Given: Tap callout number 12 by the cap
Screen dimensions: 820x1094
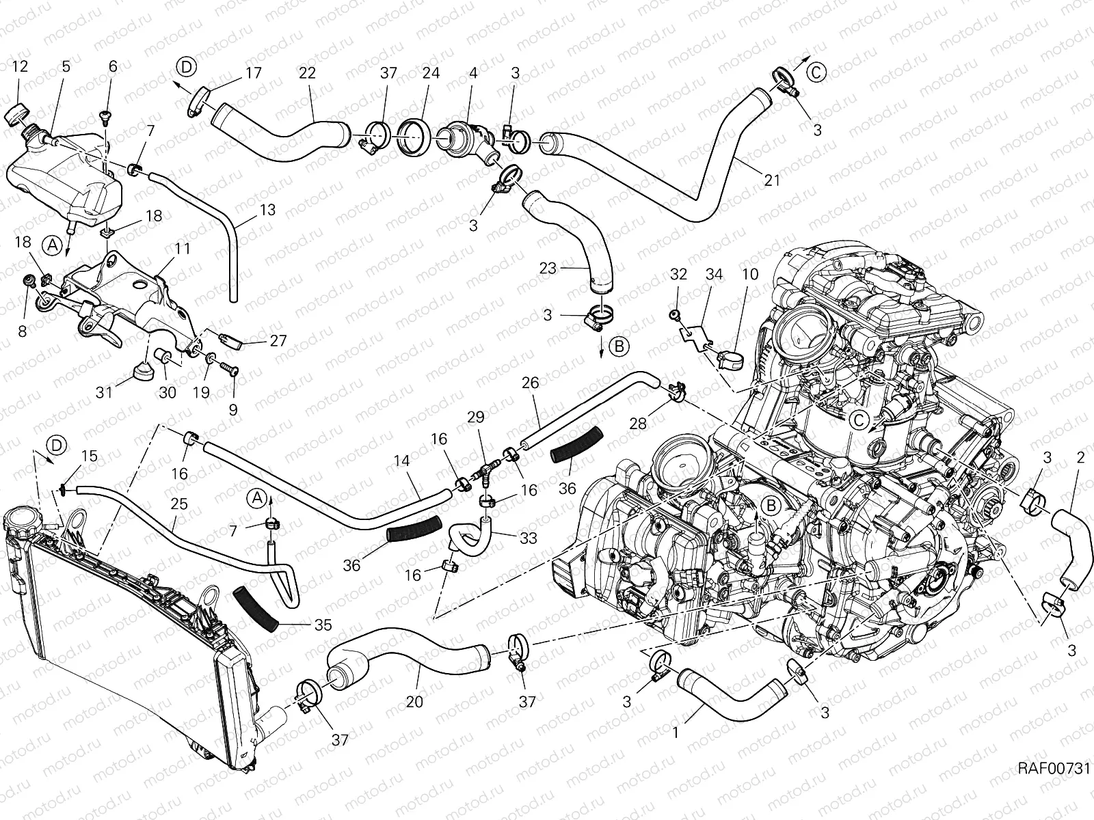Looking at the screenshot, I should coord(21,66).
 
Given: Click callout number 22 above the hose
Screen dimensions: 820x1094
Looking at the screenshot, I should coord(308,73).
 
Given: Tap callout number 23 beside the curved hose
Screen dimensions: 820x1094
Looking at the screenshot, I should coord(548,269).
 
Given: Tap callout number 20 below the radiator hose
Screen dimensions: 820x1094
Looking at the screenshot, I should coord(414,701).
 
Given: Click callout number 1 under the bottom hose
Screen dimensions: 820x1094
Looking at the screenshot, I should coord(676,733).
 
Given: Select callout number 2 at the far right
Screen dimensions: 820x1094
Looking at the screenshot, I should coord(1080,458).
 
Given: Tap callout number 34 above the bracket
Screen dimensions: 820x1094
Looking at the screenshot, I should coord(713,275).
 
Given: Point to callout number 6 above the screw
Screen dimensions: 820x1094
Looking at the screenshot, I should coord(113,66).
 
